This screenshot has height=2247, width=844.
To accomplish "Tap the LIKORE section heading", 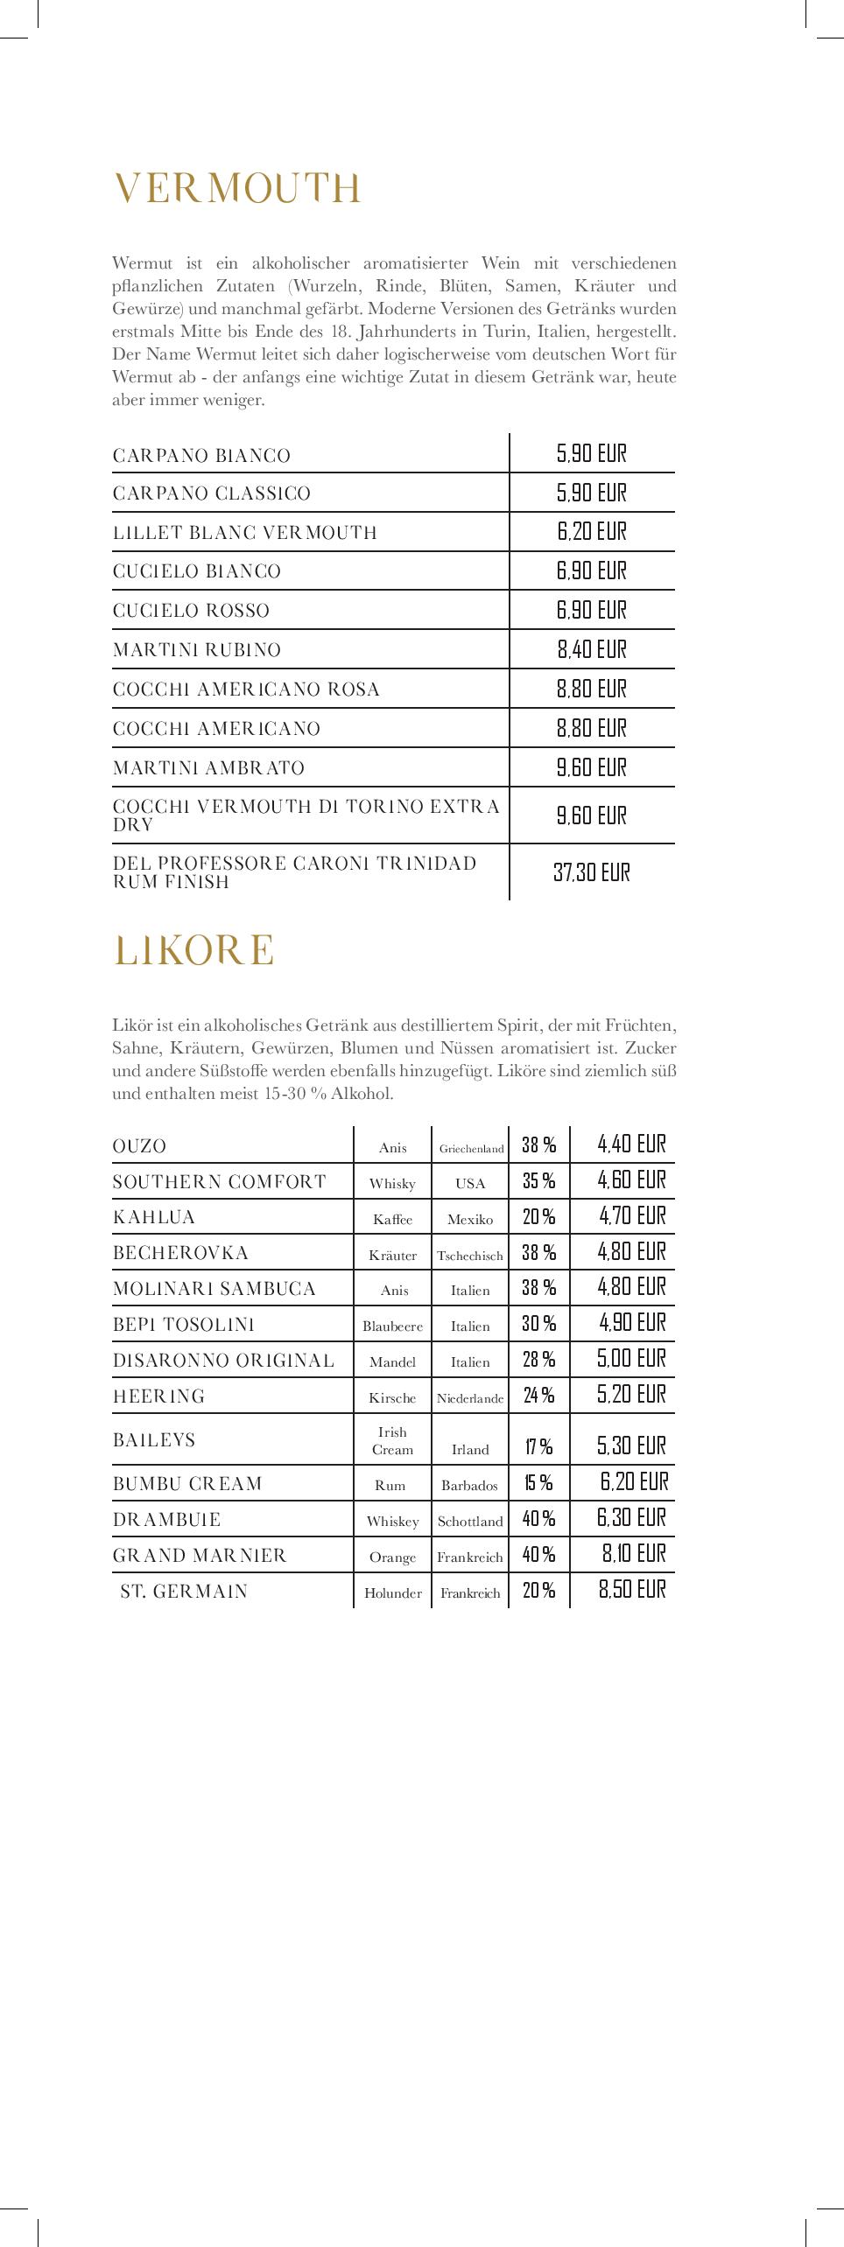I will pos(193,951).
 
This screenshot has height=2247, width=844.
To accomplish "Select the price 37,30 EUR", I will pos(591,872).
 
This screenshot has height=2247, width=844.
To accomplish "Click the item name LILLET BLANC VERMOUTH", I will pos(244,532).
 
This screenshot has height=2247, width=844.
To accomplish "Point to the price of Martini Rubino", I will pos(591,649).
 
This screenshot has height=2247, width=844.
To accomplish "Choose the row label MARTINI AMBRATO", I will pos(208,768).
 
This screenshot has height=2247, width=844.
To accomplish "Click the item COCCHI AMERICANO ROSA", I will pos(246,689).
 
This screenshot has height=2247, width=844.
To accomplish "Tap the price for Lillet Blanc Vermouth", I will pos(591,532).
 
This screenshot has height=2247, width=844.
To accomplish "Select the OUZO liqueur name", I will pos(139,1146).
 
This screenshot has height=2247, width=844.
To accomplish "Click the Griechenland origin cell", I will pos(471,1149).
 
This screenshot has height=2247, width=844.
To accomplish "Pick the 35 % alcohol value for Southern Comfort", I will pos(538,1181).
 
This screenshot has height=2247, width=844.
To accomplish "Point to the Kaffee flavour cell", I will pos(392,1219).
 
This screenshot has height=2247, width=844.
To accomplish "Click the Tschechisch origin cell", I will pos(470,1256).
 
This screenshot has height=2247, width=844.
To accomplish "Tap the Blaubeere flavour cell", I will pos(392,1326).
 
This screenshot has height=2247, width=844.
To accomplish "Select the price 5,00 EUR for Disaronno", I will pos(631,1359).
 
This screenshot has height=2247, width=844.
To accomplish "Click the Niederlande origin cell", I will pos(470,1398).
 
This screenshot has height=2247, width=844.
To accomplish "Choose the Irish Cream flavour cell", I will pos(392,1440).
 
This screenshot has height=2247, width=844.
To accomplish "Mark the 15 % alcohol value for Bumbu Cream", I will pos(538,1482).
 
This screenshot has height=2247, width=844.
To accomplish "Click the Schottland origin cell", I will pos(470,1522).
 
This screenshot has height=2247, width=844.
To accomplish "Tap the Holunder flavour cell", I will pos(392,1593).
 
